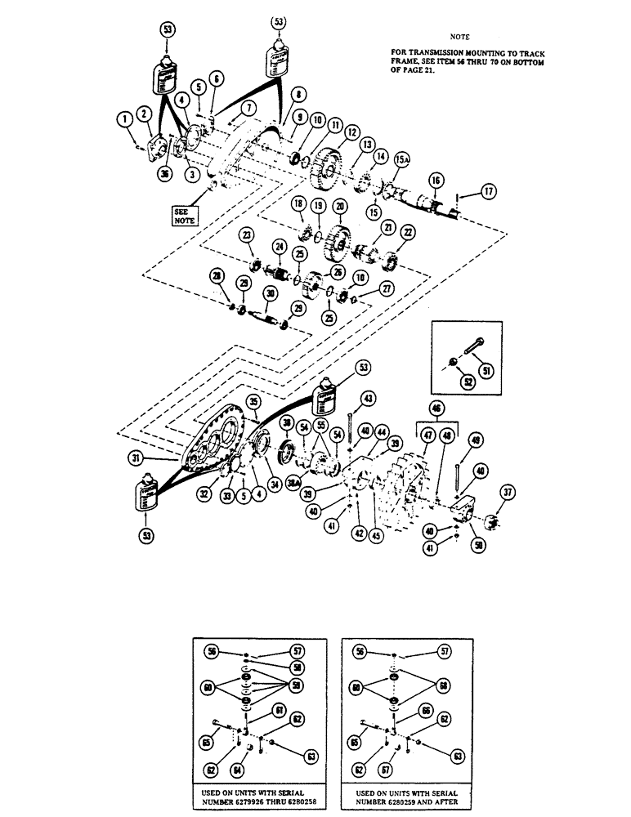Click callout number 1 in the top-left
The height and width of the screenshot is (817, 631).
pyautogui.click(x=125, y=120)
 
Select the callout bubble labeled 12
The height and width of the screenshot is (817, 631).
pyautogui.click(x=351, y=132)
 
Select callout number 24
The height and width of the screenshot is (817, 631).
pyautogui.click(x=279, y=246)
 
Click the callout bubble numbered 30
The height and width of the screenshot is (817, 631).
pyautogui.click(x=269, y=295)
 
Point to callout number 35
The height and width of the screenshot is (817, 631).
pyautogui.click(x=255, y=402)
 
